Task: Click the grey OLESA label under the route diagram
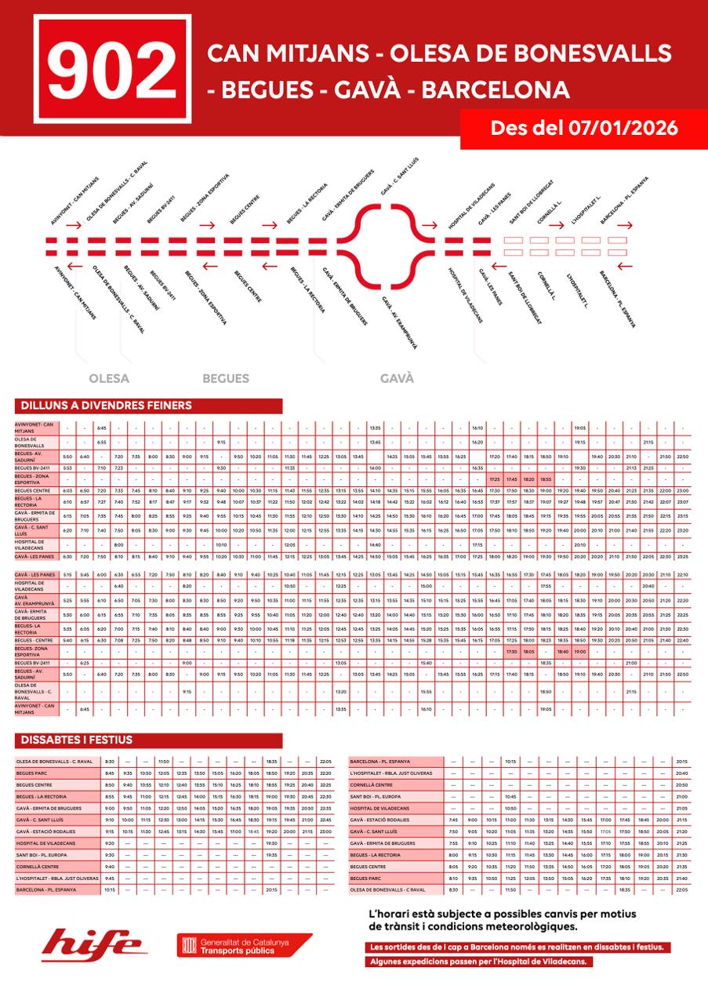point(110,378)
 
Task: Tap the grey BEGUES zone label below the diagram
point(226,378)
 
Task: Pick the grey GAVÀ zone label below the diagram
point(397,378)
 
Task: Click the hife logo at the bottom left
point(92,944)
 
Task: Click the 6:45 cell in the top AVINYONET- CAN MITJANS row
point(101,428)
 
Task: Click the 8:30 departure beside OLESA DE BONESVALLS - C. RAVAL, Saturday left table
point(110,761)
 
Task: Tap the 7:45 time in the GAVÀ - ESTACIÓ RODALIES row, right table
point(453,820)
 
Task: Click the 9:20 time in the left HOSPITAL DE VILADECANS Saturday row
point(110,843)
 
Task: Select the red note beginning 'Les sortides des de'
point(519,947)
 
